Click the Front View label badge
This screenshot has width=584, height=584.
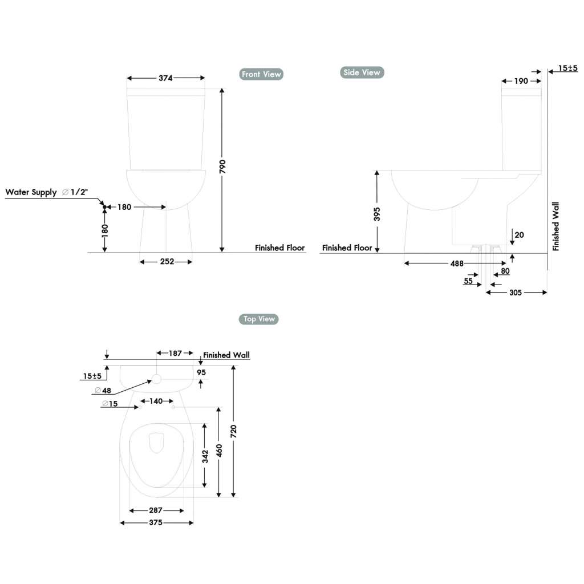click(261, 74)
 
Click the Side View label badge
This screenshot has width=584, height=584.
click(362, 72)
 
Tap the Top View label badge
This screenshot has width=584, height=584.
click(258, 319)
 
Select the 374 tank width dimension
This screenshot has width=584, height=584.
click(165, 78)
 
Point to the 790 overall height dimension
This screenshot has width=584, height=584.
click(222, 167)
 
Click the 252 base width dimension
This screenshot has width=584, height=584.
click(166, 262)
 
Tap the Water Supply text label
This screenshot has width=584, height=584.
click(31, 192)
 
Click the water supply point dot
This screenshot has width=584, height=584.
click(104, 206)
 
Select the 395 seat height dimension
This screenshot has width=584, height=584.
click(376, 214)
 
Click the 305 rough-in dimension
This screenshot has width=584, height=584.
click(515, 293)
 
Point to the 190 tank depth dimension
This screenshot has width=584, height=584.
click(521, 81)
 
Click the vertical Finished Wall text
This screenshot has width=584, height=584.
click(556, 226)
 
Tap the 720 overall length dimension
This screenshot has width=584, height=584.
click(233, 431)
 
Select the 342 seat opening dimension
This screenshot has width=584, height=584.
click(205, 455)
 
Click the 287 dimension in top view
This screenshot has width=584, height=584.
click(156, 510)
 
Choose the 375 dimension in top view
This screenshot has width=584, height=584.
click(156, 522)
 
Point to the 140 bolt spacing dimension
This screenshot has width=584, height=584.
click(156, 401)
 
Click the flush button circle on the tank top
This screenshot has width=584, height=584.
click(156, 378)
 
